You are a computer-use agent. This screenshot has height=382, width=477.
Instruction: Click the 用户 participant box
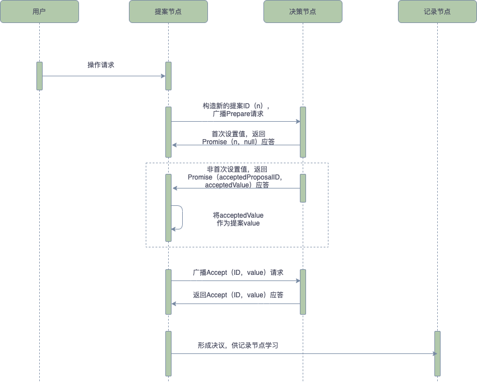(x=39, y=12)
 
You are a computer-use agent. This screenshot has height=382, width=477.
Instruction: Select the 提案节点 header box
(x=168, y=12)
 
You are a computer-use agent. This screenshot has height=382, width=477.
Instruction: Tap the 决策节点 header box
(x=303, y=12)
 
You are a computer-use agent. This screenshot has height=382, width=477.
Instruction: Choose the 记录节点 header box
(x=437, y=12)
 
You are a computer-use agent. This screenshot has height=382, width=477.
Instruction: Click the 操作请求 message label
(x=101, y=65)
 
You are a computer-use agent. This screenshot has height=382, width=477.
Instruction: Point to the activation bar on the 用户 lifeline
(x=39, y=76)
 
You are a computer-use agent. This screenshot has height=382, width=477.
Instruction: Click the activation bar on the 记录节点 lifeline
(x=437, y=353)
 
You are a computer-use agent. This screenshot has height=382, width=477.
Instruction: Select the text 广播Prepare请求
(x=238, y=114)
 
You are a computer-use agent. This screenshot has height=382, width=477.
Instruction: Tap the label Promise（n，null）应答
(x=238, y=142)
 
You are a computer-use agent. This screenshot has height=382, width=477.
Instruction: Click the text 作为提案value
(x=238, y=223)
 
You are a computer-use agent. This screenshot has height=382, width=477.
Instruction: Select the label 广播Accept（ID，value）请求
(x=238, y=273)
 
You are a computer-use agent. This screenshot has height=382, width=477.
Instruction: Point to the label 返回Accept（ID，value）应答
(x=238, y=295)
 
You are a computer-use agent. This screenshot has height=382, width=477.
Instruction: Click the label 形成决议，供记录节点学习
(x=238, y=346)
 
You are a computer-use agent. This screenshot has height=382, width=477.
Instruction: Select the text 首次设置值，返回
(x=238, y=134)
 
